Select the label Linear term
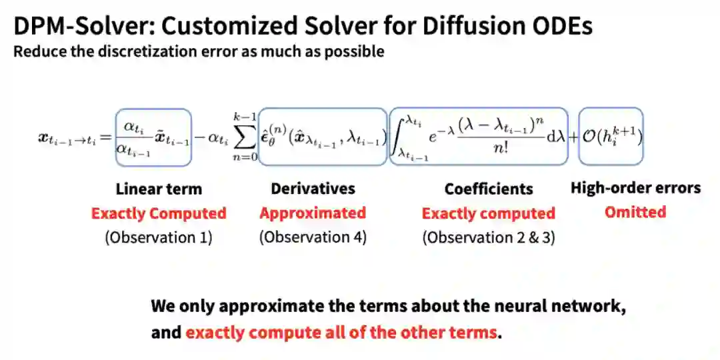[x=158, y=189]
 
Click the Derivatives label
[x=313, y=189]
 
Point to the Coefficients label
[x=489, y=189]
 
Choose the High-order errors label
[x=635, y=188]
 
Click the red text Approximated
[x=313, y=213]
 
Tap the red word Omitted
[x=635, y=213]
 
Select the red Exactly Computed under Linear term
[x=159, y=213]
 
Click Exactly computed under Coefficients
[x=489, y=213]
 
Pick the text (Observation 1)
[x=159, y=237]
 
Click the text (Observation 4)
[x=313, y=237]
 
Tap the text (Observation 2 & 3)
[x=489, y=237]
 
